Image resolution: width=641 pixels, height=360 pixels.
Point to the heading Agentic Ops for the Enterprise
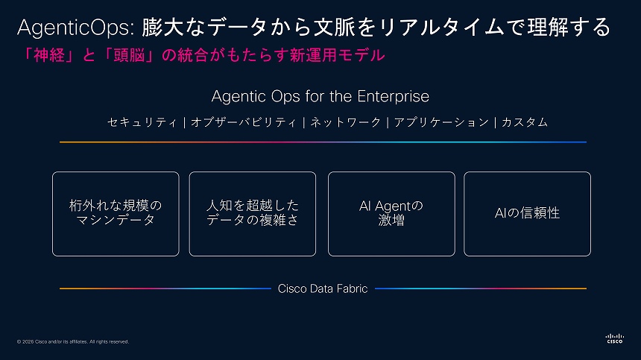(320, 97)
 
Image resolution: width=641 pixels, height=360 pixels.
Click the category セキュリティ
(142, 122)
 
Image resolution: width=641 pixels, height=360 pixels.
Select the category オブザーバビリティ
(243, 122)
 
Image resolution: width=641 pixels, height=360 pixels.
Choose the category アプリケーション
(441, 122)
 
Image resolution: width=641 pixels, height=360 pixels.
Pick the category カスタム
(524, 122)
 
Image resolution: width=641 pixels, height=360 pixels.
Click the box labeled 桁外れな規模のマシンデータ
(116, 214)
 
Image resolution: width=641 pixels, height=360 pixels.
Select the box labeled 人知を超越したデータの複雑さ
(252, 214)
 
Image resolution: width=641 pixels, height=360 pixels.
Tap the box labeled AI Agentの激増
(391, 214)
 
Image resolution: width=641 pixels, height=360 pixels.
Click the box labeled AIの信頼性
(527, 214)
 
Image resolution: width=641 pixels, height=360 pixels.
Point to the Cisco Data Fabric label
(322, 288)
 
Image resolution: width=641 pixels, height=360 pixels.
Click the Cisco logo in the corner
(613, 338)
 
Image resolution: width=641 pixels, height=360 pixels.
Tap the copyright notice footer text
(72, 342)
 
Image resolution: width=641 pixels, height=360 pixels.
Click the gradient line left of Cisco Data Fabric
(164, 288)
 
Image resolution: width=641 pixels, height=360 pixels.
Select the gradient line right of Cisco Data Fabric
(481, 288)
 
